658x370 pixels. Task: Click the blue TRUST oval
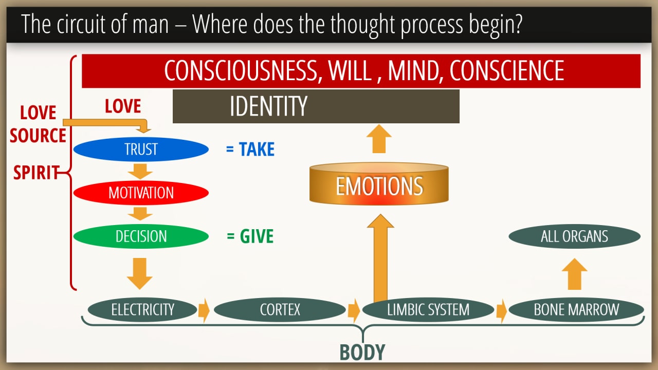coord(141,150)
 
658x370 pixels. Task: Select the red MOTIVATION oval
coord(141,193)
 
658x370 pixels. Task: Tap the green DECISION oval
coord(141,236)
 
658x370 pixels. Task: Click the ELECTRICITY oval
coord(142,310)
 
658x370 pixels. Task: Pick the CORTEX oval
coord(280,310)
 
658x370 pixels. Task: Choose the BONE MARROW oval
coord(576,310)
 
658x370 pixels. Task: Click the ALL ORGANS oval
coord(574,236)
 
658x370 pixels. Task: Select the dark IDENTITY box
coord(316,106)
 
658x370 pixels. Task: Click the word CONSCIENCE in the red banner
coord(506,71)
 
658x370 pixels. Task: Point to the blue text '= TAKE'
coord(250,150)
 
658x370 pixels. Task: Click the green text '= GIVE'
coord(250,236)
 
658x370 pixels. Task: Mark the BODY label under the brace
coord(362,353)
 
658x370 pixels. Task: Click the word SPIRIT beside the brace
coord(35,173)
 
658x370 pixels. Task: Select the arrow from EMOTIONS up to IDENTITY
coord(379,138)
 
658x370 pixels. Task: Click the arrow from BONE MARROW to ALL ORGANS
coord(574,274)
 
